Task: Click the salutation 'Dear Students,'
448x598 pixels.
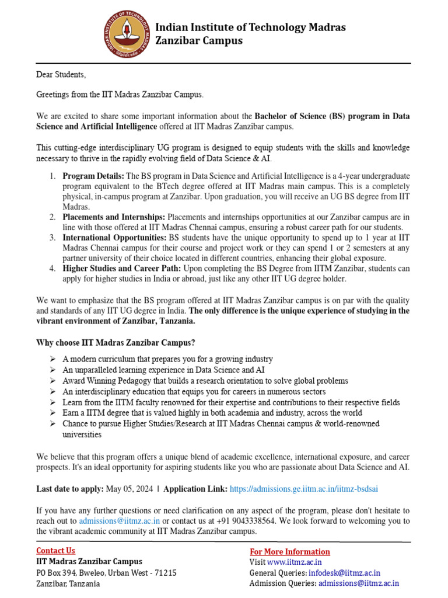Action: coord(61,75)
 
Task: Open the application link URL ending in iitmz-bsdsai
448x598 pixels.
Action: coord(307,489)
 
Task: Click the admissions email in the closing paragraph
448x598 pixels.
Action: coord(120,520)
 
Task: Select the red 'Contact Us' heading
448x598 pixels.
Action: coord(55,550)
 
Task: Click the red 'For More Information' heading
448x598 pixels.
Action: coord(290,552)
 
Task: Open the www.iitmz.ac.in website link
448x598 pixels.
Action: coord(299,562)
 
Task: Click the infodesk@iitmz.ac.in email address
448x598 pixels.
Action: coord(336,572)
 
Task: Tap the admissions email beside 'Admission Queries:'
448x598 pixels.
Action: coord(359,583)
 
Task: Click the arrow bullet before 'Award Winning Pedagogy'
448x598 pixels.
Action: coord(52,380)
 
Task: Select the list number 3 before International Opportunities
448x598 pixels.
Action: coord(52,238)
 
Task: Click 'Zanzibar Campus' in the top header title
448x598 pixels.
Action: coord(198,41)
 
